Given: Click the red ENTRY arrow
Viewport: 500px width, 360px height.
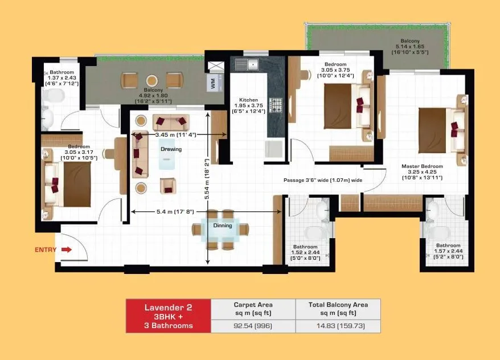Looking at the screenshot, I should coord(65,249).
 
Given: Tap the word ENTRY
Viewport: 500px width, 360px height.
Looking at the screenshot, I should coord(45,249).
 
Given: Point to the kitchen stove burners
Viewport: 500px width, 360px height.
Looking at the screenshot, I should coord(276,105).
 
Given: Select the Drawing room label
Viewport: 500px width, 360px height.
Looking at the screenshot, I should coord(171,149).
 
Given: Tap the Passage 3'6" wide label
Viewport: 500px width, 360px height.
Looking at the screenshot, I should coord(323,180).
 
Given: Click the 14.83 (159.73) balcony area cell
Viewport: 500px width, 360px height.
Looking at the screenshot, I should coord(338,326).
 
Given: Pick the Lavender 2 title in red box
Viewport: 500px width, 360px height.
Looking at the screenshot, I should coord(168,307).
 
